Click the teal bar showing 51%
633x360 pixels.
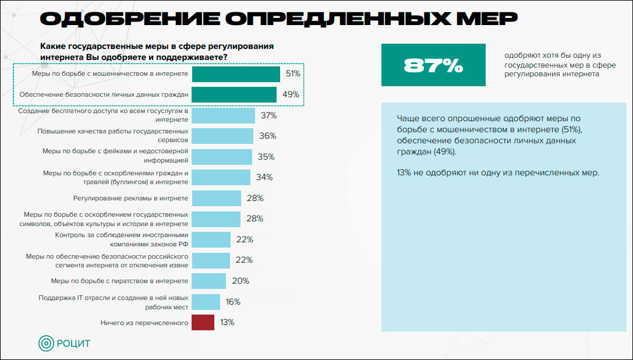coord(235,74)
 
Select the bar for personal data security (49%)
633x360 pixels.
coord(234,94)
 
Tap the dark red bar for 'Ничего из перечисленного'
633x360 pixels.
coord(203,322)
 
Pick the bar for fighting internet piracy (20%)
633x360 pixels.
coord(208,281)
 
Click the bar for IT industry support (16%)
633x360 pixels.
coord(206,302)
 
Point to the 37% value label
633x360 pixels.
coord(268,115)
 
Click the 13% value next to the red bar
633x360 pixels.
coord(227,322)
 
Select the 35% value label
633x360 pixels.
coord(266,157)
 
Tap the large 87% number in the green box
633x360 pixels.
coord(433,65)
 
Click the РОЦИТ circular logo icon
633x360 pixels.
coord(46,343)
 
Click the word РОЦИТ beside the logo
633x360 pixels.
coord(73,343)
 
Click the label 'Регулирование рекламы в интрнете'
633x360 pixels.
coord(130,198)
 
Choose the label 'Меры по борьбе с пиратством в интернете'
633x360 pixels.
coord(119,281)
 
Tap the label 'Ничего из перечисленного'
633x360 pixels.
coord(144,322)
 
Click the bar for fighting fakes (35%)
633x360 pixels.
coord(221,157)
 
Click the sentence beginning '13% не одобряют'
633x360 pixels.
coord(497,172)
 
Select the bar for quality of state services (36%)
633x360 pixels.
coord(222,136)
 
